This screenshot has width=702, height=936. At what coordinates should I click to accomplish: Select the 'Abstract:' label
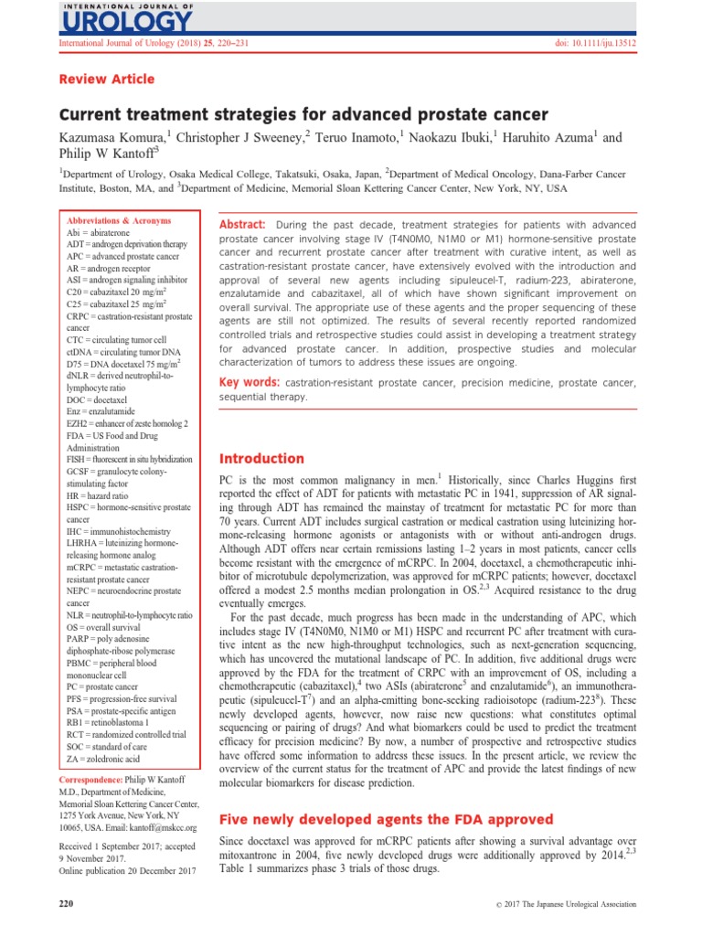(240, 225)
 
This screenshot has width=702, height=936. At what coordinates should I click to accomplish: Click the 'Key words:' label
(249, 378)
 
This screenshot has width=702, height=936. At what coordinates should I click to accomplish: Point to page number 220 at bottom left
(66, 903)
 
